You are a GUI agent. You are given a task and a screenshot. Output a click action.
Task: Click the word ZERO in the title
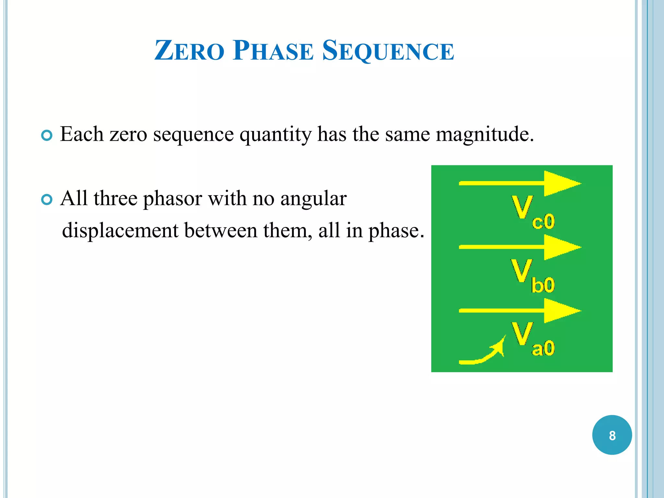(x=189, y=51)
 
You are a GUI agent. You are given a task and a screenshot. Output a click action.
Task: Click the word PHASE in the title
(x=273, y=51)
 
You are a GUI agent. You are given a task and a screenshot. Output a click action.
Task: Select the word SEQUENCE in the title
(x=388, y=51)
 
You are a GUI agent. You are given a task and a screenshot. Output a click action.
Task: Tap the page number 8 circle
(x=612, y=435)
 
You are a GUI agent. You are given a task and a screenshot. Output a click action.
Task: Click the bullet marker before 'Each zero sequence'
(x=47, y=135)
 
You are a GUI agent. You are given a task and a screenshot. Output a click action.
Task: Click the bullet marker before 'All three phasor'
(x=47, y=199)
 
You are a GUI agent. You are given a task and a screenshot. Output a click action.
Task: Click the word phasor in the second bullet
(x=172, y=199)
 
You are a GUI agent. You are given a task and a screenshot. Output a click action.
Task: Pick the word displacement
(x=120, y=231)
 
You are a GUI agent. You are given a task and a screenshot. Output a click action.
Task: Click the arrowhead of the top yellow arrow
(x=561, y=184)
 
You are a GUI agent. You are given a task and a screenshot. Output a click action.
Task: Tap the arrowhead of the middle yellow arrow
(x=561, y=247)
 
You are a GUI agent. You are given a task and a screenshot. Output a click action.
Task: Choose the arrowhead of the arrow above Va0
(x=561, y=311)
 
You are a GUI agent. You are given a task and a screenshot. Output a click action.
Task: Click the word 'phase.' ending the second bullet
(x=396, y=231)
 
